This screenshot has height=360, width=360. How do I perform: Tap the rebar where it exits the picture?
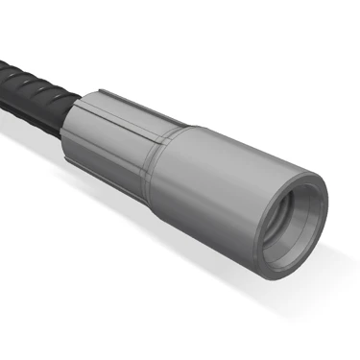point(4,77)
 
